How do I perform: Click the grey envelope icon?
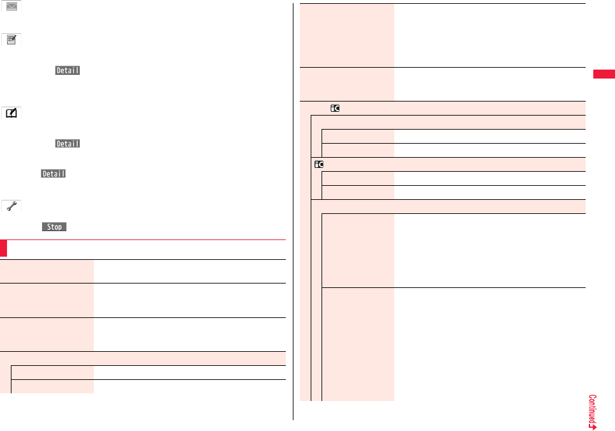pyautogui.click(x=11, y=6)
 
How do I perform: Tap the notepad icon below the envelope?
pyautogui.click(x=11, y=40)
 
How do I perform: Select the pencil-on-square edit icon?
pyautogui.click(x=11, y=113)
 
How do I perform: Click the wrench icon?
pyautogui.click(x=11, y=206)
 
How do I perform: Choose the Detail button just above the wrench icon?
pyautogui.click(x=54, y=174)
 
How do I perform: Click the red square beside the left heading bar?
pyautogui.click(x=4, y=248)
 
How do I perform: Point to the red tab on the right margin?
pyautogui.click(x=604, y=75)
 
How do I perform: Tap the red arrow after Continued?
pyautogui.click(x=593, y=425)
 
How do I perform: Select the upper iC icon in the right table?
pyautogui.click(x=334, y=109)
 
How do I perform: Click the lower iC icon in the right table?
pyautogui.click(x=318, y=164)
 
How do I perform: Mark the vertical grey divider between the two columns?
pyautogui.click(x=293, y=211)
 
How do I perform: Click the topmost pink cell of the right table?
pyautogui.click(x=347, y=35)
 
